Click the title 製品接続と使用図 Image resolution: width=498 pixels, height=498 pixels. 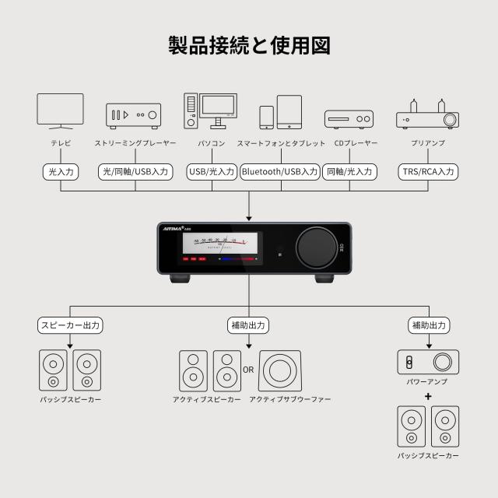(x=249, y=45)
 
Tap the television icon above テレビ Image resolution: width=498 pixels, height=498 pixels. (x=60, y=110)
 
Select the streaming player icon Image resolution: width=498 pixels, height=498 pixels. (x=133, y=115)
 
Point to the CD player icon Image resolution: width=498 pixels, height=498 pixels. (x=349, y=119)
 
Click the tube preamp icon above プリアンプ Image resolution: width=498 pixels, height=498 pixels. (x=427, y=114)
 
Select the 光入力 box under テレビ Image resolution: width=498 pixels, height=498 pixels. (x=60, y=171)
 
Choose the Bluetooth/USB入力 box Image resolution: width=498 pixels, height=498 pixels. (x=279, y=171)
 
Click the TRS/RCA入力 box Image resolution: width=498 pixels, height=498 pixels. (x=428, y=171)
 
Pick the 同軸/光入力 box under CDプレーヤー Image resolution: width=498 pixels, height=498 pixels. (x=349, y=171)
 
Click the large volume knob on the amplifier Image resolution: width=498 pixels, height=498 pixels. (x=315, y=247)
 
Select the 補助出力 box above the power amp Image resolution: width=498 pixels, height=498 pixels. (x=428, y=324)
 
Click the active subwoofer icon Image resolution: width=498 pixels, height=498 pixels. (x=280, y=371)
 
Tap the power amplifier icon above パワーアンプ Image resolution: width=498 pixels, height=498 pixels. (x=427, y=362)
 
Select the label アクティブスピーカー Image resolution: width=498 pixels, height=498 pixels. (x=207, y=399)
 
